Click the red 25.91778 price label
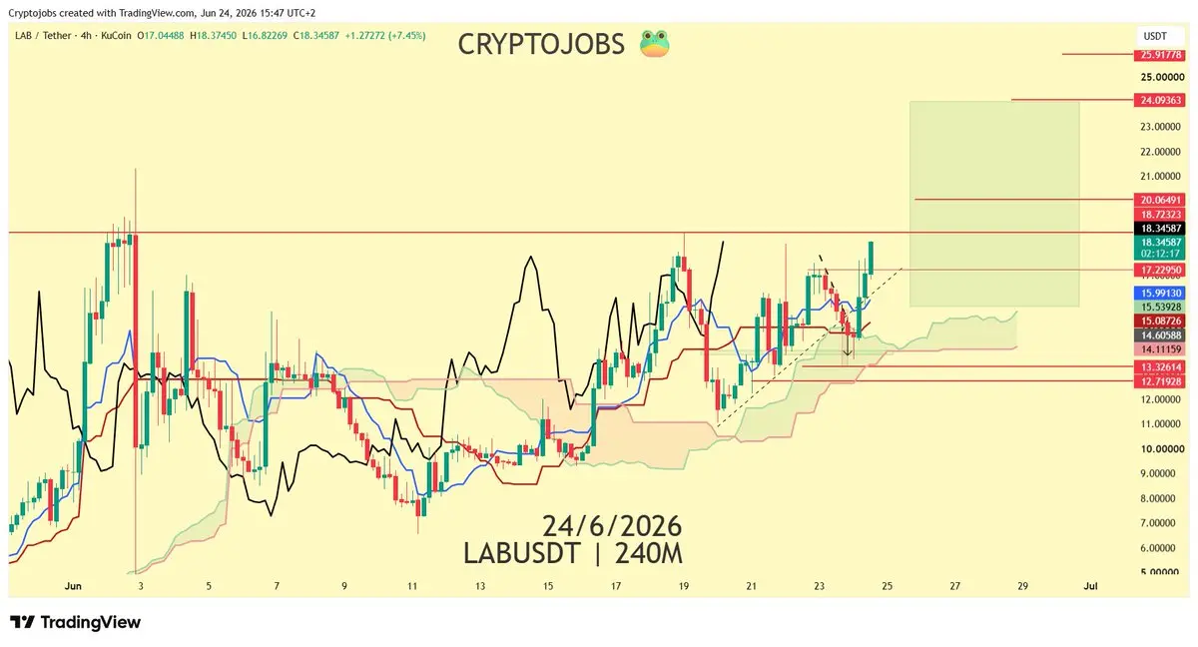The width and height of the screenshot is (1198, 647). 1159,55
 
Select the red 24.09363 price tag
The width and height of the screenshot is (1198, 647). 1159,100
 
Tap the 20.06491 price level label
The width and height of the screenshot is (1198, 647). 1159,200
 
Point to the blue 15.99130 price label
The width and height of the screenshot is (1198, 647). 1159,293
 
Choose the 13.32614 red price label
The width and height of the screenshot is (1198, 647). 1159,366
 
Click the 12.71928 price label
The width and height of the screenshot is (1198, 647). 1159,381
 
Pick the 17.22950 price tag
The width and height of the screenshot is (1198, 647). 1159,270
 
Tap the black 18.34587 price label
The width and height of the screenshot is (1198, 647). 1159,229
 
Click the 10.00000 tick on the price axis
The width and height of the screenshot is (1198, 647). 1162,449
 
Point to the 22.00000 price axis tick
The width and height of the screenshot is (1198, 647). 1160,152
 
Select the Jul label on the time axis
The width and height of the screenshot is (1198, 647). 1090,586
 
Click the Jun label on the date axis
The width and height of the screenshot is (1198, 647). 73,586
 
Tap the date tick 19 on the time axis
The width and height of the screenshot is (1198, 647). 684,586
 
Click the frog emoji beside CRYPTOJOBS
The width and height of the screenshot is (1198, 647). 655,44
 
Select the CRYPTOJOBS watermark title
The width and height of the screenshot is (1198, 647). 541,44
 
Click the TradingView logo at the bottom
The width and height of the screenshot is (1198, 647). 76,622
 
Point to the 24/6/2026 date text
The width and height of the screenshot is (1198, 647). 612,526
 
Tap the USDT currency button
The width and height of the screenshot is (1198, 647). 1155,36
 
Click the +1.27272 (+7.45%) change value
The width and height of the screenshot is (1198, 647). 385,36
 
